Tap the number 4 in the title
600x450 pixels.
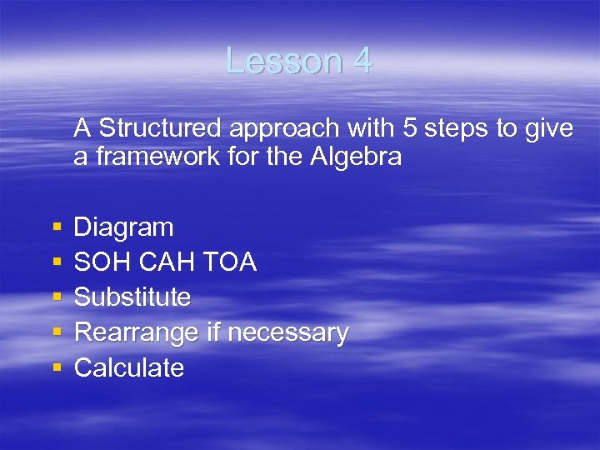pyautogui.click(x=362, y=62)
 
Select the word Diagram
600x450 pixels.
pyautogui.click(x=123, y=227)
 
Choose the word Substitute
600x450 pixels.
pyautogui.click(x=132, y=297)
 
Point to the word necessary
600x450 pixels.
pyautogui.click(x=287, y=333)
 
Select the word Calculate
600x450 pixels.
pyautogui.click(x=129, y=368)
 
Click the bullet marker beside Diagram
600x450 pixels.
pyautogui.click(x=55, y=227)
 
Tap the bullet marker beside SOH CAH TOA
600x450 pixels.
pyautogui.click(x=55, y=262)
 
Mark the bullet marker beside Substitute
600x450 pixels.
pyautogui.click(x=55, y=297)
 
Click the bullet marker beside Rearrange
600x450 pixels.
pyautogui.click(x=55, y=333)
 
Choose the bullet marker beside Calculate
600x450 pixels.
pyautogui.click(x=55, y=368)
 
